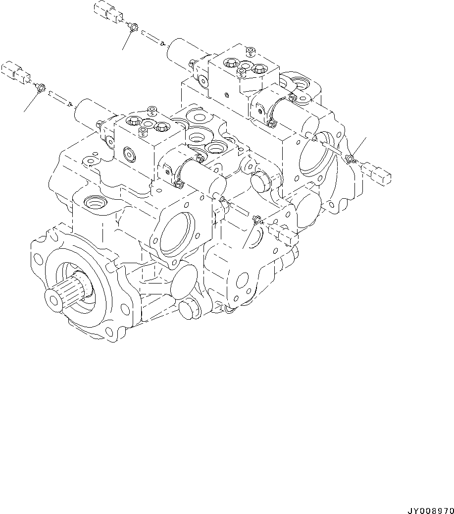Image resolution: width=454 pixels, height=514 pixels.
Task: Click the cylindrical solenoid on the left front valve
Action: pyautogui.click(x=90, y=115)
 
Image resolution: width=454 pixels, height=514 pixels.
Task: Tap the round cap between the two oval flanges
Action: pyautogui.click(x=262, y=182)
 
